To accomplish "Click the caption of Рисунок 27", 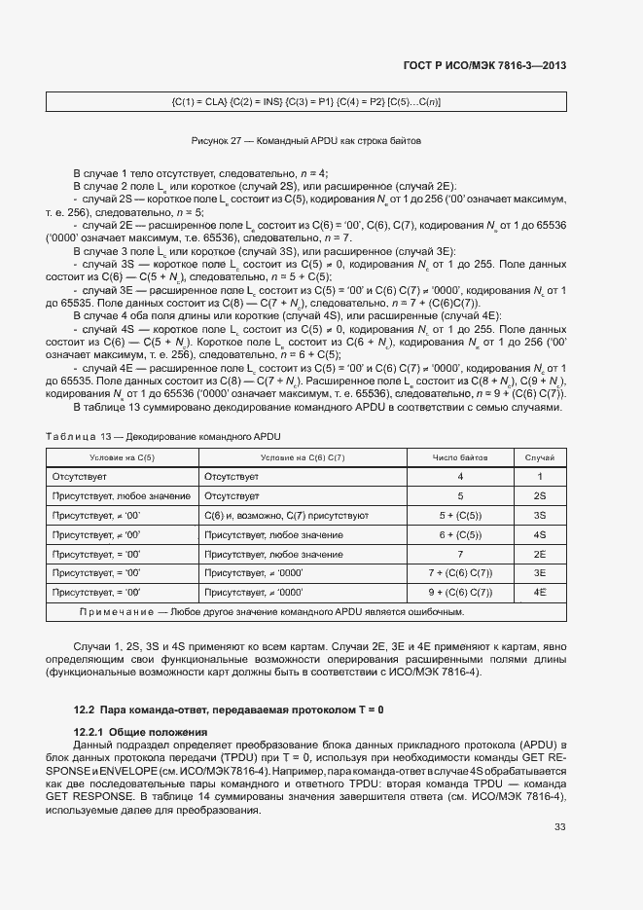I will tap(306, 140).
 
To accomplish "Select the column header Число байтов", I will tap(460, 456).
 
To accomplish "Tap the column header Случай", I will tap(540, 456).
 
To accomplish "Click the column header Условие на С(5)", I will tap(122, 456).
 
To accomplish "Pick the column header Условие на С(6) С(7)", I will tap(304, 456).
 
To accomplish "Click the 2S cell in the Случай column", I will tap(540, 495).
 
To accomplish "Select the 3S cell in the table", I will tap(540, 515).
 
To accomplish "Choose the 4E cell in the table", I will tap(540, 592).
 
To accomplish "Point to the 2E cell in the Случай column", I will tap(540, 554).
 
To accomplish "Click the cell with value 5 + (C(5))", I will tap(460, 515).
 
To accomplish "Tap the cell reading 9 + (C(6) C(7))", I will tap(460, 592).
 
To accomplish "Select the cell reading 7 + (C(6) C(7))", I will tap(460, 573).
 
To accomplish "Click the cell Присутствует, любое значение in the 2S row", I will tap(122, 495).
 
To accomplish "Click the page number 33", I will tap(559, 827).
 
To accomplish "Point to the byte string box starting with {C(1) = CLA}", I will tap(306, 101).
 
